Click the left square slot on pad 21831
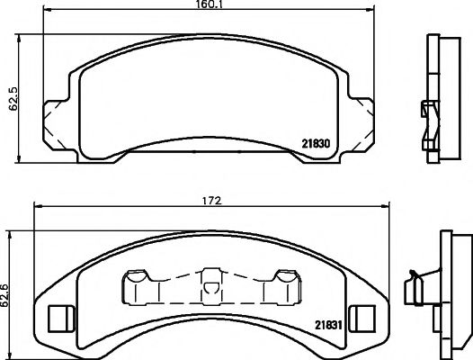[x=59, y=318]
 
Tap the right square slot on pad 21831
[x=363, y=318]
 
